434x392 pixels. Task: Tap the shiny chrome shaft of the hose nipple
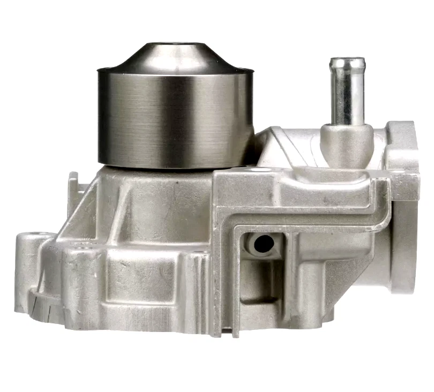pos(347,96)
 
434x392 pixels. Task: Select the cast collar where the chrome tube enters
pos(346,140)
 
